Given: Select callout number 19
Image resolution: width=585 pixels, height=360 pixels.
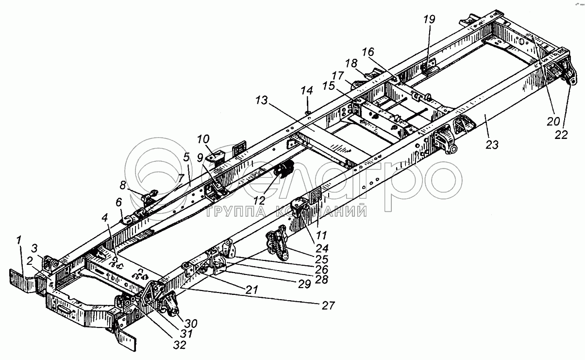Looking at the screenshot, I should (x=429, y=20).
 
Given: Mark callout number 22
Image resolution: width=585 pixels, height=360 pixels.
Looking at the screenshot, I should (x=561, y=136).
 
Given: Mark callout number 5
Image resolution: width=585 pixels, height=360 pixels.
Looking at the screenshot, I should (x=186, y=156).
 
